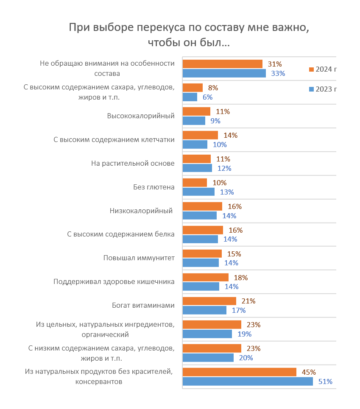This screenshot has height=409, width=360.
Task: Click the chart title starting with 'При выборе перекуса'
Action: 189,35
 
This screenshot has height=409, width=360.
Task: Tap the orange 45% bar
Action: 239,372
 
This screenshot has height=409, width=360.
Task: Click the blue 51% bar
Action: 248,381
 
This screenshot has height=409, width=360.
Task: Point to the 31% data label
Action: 275,64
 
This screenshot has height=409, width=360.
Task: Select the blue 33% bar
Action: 224,73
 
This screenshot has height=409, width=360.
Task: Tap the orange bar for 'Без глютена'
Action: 195,183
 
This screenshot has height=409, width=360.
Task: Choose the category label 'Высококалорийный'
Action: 141,116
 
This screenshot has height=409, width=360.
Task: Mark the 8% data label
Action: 213,88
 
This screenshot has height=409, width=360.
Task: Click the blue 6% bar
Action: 190,97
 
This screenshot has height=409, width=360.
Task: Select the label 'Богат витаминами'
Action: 143,305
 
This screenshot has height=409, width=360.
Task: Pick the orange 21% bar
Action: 209,301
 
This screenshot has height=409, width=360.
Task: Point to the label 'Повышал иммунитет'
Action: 139,258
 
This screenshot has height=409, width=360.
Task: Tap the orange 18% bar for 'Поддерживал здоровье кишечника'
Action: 205,277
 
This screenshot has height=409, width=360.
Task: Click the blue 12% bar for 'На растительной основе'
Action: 197,168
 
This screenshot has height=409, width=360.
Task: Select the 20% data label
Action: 246,358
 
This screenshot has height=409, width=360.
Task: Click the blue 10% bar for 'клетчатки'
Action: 195,145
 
